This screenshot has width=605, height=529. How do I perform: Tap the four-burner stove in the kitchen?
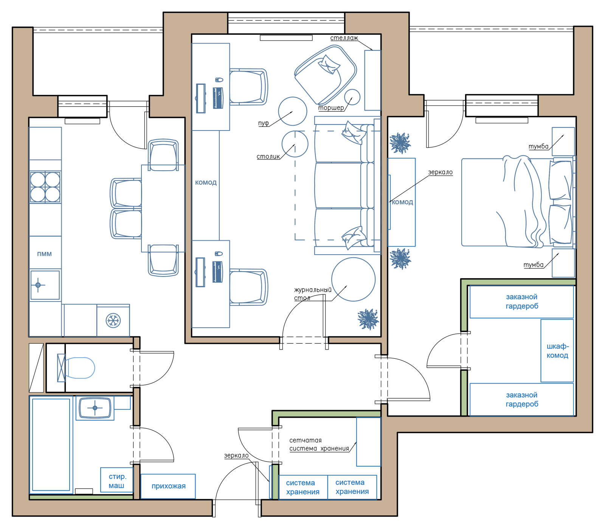[x=45, y=187]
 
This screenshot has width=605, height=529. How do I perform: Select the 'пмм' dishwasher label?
[x=44, y=254]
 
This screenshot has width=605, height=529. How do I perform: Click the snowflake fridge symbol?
[x=113, y=321]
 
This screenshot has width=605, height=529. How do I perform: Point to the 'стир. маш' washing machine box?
[x=117, y=480]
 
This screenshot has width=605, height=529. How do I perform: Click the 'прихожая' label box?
[x=168, y=486]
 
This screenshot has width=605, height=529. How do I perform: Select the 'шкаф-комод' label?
[x=557, y=351]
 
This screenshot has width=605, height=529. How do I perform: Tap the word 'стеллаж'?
[x=344, y=38]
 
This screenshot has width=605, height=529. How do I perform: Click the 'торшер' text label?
[x=331, y=108]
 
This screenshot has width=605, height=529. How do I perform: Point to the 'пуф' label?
[x=263, y=123]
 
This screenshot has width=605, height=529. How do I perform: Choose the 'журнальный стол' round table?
[x=353, y=279]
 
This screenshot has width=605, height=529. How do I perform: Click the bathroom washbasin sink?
[x=95, y=408]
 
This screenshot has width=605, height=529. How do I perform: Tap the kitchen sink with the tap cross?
[x=45, y=285]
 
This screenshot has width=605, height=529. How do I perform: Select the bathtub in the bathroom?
[x=51, y=445]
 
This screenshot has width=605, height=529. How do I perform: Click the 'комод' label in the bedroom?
[x=402, y=202]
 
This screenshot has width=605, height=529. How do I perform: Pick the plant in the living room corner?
[x=368, y=319]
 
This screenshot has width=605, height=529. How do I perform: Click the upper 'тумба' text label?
[x=538, y=146]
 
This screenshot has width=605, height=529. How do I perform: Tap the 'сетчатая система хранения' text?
[x=319, y=444]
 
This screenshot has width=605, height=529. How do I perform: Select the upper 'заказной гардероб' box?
[x=522, y=302]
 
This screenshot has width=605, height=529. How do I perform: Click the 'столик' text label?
[x=268, y=156]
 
